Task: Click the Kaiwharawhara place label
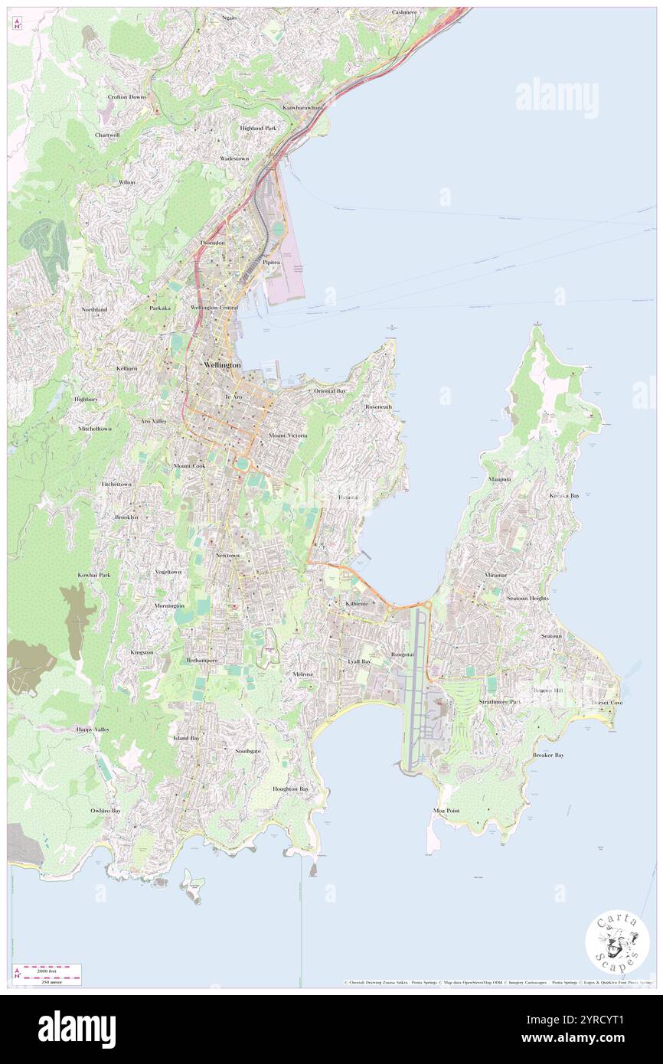pyautogui.click(x=303, y=108)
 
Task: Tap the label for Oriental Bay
pyautogui.click(x=331, y=391)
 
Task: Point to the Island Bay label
pyautogui.click(x=186, y=738)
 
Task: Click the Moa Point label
pyautogui.click(x=446, y=810)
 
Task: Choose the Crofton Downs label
pyautogui.click(x=127, y=97)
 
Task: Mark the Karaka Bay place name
pyautogui.click(x=564, y=495)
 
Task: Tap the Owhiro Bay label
pyautogui.click(x=106, y=810)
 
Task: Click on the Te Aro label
pyautogui.click(x=233, y=397)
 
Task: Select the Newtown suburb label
pyautogui.click(x=227, y=555)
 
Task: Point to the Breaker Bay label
pyautogui.click(x=548, y=756)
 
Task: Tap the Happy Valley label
pyautogui.click(x=93, y=729)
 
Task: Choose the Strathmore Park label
pyautogui.click(x=501, y=701)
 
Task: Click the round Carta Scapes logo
pyautogui.click(x=617, y=942)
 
